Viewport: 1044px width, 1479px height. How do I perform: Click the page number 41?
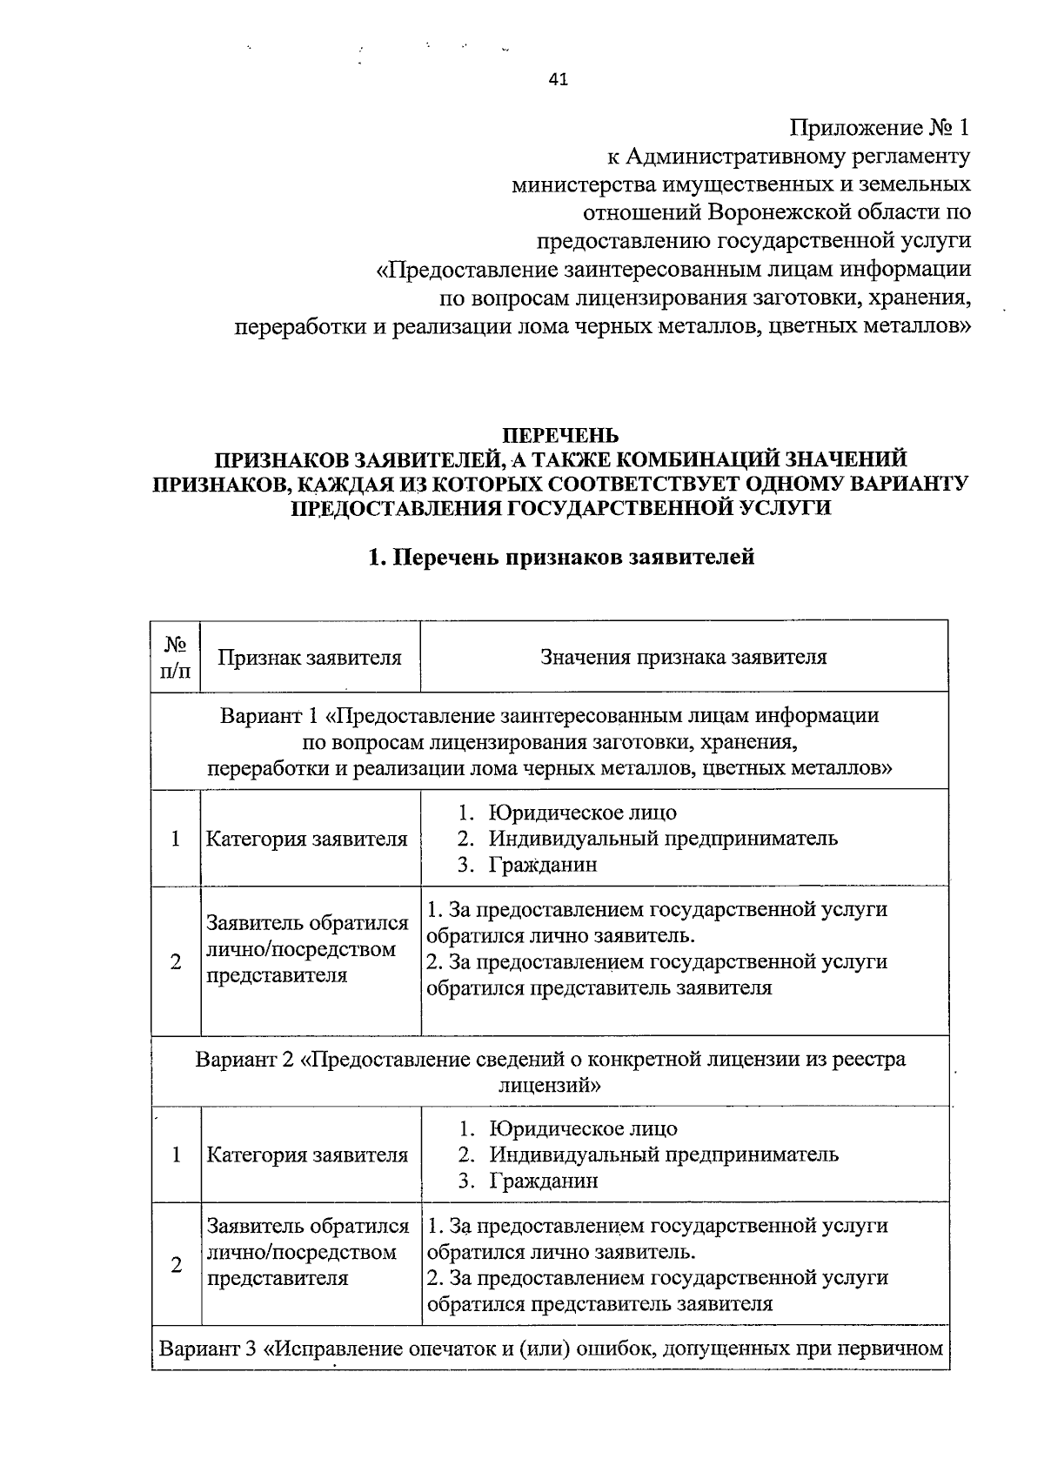pyautogui.click(x=559, y=80)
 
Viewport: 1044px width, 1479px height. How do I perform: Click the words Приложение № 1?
pyautogui.click(x=879, y=129)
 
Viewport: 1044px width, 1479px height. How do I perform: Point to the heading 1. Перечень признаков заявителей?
pyautogui.click(x=561, y=558)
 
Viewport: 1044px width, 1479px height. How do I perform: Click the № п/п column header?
pyautogui.click(x=176, y=657)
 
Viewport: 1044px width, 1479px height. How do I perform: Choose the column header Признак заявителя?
pyautogui.click(x=310, y=657)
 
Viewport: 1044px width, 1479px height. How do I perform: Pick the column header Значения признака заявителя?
pyautogui.click(x=684, y=657)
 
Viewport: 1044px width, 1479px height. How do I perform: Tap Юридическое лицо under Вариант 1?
pyautogui.click(x=582, y=813)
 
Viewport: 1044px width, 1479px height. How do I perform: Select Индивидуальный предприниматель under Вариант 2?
pyautogui.click(x=664, y=1154)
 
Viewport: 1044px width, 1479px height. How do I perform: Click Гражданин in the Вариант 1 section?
pyautogui.click(x=543, y=865)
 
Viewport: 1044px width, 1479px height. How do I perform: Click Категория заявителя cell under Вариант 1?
pyautogui.click(x=306, y=839)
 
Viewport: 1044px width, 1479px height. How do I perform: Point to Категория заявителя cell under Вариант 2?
pyautogui.click(x=307, y=1154)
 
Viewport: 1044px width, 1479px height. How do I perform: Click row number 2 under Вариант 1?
pyautogui.click(x=176, y=961)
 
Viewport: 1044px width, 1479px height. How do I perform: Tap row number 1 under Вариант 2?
pyautogui.click(x=177, y=1154)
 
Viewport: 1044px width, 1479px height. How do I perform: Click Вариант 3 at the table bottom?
pyautogui.click(x=209, y=1349)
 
